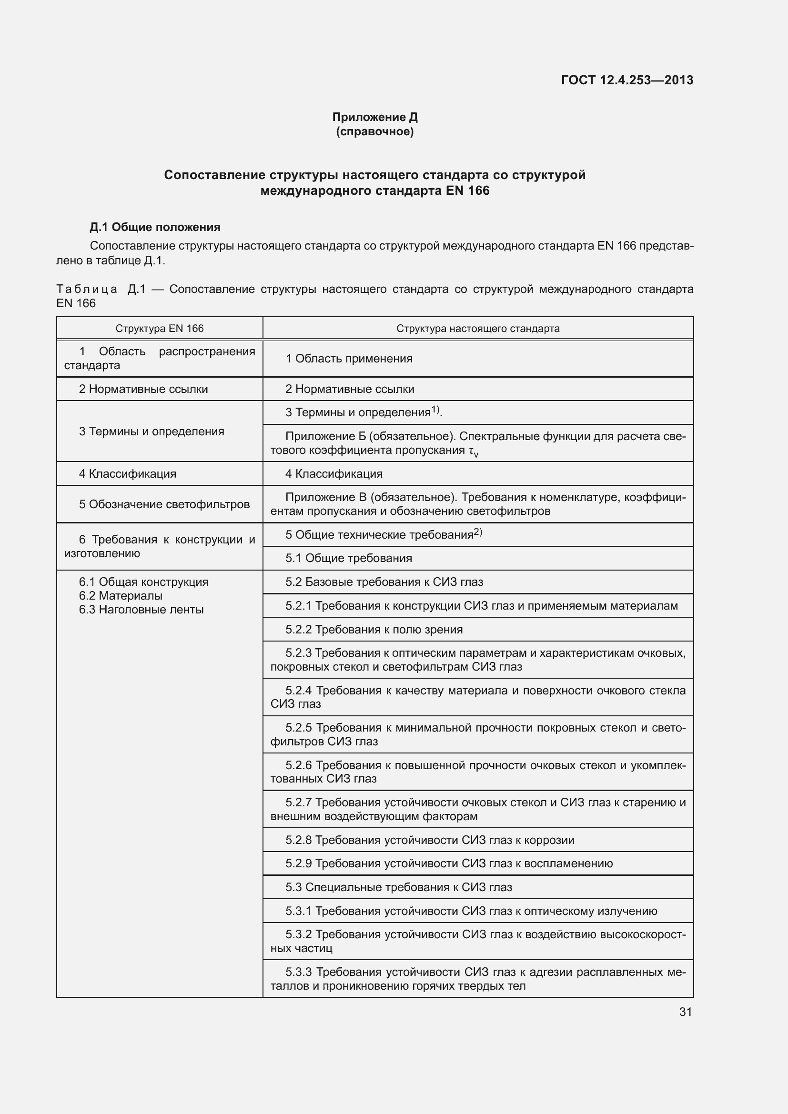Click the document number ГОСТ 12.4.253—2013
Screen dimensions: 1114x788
point(627,80)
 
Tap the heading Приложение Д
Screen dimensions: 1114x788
point(374,117)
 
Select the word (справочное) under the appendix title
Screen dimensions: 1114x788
point(374,131)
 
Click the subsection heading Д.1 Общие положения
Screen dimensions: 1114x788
point(155,227)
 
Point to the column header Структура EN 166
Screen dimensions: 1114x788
point(159,329)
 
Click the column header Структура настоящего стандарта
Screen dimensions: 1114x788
point(477,329)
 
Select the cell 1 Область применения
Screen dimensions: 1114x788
point(349,359)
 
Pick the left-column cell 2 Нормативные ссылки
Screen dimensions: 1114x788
point(143,389)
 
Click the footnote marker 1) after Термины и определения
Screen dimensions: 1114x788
point(435,410)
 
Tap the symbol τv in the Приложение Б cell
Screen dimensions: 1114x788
point(473,452)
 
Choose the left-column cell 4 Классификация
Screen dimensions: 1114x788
point(128,473)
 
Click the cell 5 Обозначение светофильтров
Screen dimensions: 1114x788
point(164,504)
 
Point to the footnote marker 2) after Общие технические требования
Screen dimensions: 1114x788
point(478,532)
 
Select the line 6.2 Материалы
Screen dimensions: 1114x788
point(121,596)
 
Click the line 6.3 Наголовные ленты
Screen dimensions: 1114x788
point(141,610)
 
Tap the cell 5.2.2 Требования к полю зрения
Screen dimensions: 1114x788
point(374,629)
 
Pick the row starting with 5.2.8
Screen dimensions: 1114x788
point(429,840)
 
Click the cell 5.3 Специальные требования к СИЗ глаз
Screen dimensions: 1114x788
point(398,887)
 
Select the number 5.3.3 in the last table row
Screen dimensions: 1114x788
point(298,973)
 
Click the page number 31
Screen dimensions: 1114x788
point(685,1012)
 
